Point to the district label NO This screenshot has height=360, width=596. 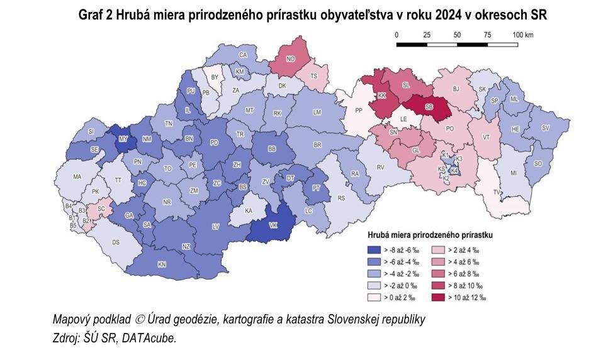290,59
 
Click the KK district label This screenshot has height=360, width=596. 381,96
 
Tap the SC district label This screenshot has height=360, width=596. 101,208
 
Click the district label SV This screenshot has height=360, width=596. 545,127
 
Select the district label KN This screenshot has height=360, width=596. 162,264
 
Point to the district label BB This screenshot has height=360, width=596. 272,149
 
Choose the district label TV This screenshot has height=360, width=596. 497,192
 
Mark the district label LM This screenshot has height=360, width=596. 317,111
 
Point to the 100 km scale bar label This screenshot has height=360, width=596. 522,35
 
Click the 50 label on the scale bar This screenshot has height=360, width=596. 457,35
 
